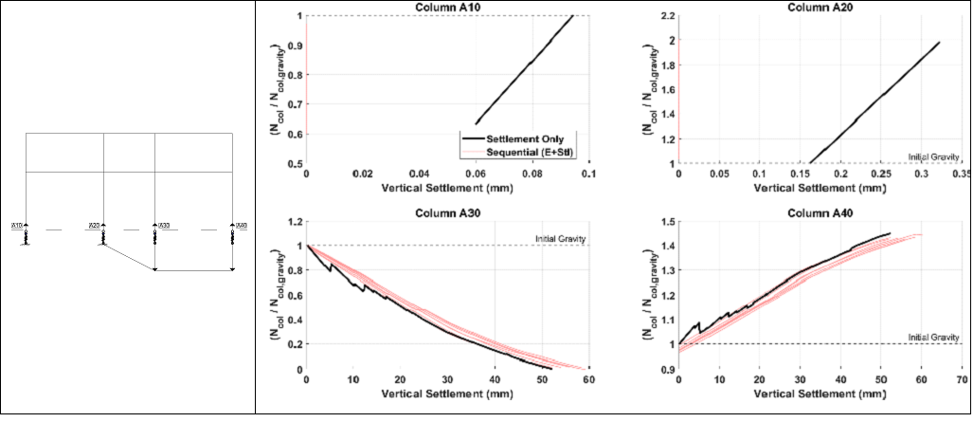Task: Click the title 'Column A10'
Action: tap(446, 8)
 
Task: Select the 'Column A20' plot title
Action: tap(820, 8)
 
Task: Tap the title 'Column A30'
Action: tap(446, 211)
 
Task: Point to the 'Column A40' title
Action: tap(820, 211)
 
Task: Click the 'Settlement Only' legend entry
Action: tap(524, 138)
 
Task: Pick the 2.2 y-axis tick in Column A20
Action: tap(667, 16)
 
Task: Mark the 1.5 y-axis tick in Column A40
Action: tap(667, 221)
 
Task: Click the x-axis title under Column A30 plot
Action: tap(446, 392)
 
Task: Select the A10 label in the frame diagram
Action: tap(16, 226)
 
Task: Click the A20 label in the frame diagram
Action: tap(94, 226)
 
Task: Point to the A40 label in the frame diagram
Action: tap(241, 226)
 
